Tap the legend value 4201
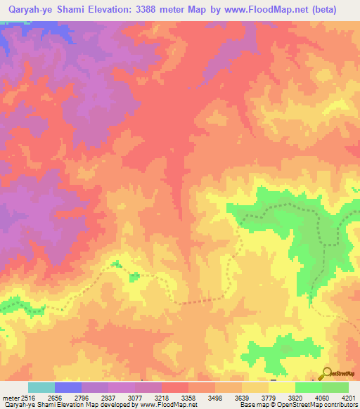(348, 397)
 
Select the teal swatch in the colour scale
(41, 387)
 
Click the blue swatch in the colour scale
(68, 387)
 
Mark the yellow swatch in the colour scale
(281, 387)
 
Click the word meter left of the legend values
(10, 397)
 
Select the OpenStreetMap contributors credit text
(310, 405)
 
